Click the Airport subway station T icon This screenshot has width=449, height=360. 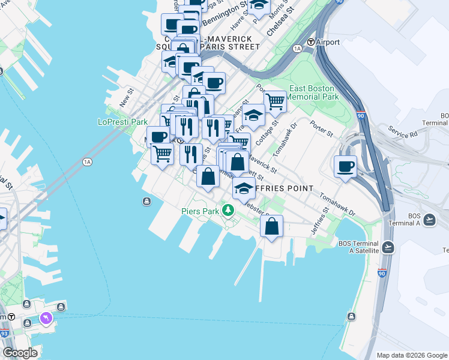311,42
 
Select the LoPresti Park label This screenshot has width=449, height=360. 122,122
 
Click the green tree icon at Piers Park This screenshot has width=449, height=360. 228,210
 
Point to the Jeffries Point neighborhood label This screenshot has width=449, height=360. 284,188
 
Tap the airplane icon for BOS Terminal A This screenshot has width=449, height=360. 429,220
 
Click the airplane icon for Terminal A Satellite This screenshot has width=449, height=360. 388,247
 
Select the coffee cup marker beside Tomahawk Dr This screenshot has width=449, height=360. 345,167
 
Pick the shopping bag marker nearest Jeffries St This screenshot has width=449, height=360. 272,227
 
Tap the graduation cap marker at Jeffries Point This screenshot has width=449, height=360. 244,188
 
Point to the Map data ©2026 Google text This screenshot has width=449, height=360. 412,355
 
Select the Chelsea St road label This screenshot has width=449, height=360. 281,21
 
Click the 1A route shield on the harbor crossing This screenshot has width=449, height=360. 87,162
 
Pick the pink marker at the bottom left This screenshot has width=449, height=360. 46,317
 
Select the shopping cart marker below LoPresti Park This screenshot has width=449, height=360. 162,154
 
